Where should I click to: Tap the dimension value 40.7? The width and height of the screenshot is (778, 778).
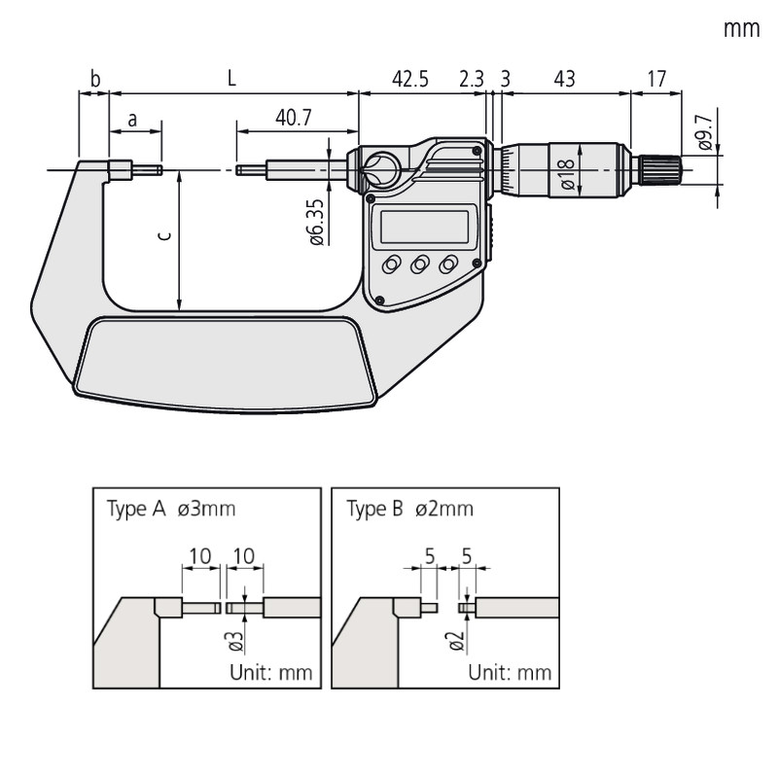[x=294, y=119]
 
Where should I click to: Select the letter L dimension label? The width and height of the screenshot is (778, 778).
[x=231, y=79]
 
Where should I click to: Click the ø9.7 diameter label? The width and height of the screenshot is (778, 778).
[x=705, y=131]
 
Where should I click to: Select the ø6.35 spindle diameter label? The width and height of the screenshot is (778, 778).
[x=316, y=222]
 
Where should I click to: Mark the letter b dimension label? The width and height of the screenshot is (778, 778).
[x=94, y=79]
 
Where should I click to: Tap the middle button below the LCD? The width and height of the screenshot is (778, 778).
[x=420, y=265]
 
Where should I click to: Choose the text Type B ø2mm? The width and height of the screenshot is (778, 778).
[x=409, y=509]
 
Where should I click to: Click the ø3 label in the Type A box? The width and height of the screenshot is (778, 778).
[x=233, y=640]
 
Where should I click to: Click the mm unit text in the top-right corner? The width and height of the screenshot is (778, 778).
[x=740, y=29]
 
